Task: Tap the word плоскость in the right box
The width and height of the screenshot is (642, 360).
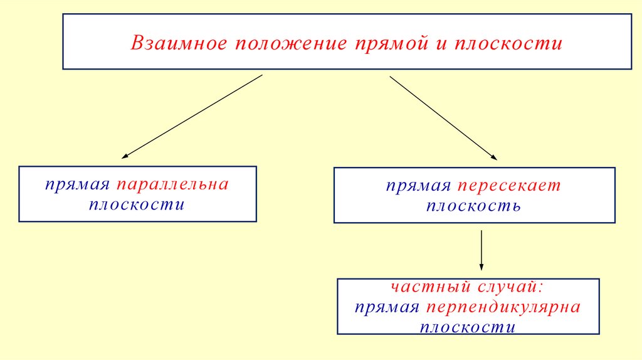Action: [x=473, y=206]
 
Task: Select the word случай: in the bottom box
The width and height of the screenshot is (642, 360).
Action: [x=511, y=287]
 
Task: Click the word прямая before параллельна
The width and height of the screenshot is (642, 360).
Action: [x=76, y=185]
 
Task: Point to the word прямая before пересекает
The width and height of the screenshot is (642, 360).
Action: [x=418, y=186]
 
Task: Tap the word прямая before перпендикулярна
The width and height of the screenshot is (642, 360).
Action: [x=386, y=307]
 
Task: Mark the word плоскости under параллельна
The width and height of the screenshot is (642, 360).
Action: [x=137, y=204]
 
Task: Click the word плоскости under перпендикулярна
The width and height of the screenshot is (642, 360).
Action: [x=467, y=327]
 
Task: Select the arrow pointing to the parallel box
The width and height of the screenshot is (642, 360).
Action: [x=191, y=116]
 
